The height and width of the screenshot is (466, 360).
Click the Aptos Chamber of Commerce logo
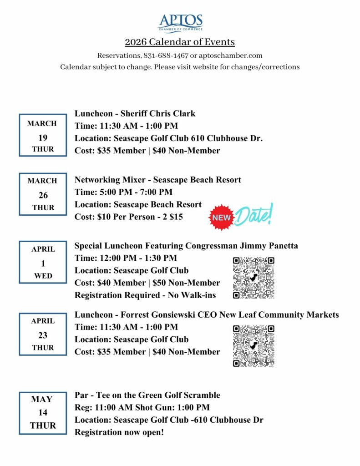180,23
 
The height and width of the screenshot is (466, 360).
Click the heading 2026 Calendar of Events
180,42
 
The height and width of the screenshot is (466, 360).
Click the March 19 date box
43,136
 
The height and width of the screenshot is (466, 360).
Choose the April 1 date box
43,262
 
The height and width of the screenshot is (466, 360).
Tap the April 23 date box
43,334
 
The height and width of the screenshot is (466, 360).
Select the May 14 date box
43,412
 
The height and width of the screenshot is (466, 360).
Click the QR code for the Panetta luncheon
254,278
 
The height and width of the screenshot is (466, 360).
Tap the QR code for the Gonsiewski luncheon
254,346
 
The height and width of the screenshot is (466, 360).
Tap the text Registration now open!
119,432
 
